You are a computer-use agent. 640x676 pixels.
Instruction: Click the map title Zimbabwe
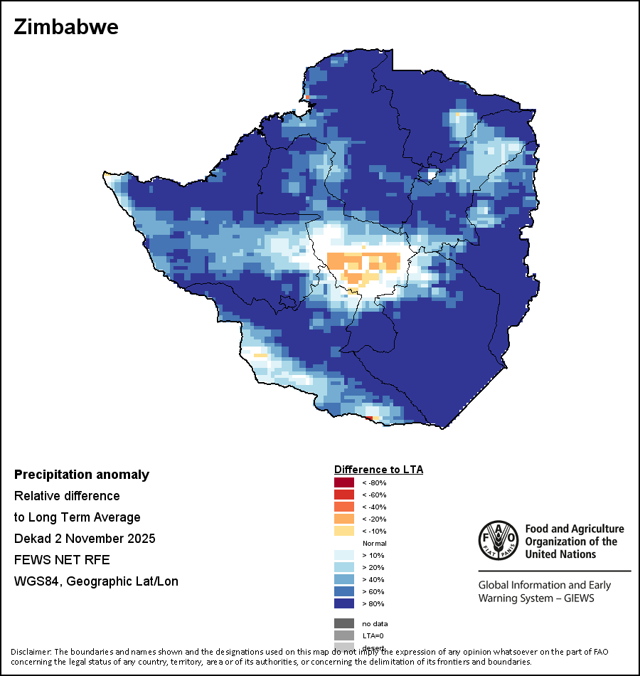point(66,28)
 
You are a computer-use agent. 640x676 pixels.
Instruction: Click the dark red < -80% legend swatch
point(343,483)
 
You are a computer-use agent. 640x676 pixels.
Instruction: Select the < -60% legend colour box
point(343,495)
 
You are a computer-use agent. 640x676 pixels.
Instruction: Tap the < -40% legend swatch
point(343,507)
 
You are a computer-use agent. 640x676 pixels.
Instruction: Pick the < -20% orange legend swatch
point(343,519)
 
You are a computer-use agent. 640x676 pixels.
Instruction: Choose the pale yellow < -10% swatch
point(343,532)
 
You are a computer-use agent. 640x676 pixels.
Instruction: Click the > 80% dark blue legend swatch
point(343,604)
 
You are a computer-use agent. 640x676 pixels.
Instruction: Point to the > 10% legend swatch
point(343,556)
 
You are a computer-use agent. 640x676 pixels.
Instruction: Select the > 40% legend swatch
point(343,580)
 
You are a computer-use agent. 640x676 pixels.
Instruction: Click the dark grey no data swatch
point(343,624)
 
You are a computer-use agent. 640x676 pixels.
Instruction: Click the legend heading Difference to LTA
point(378,470)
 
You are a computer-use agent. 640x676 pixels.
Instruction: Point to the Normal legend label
point(374,544)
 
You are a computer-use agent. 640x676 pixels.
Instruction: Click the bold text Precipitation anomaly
point(82,475)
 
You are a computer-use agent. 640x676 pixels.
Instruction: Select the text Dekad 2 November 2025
point(85,538)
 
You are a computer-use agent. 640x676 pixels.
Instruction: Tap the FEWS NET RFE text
point(62,559)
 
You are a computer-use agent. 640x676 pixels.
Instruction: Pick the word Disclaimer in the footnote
point(31,652)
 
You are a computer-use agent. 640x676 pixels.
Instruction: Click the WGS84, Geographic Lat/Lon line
point(96,581)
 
